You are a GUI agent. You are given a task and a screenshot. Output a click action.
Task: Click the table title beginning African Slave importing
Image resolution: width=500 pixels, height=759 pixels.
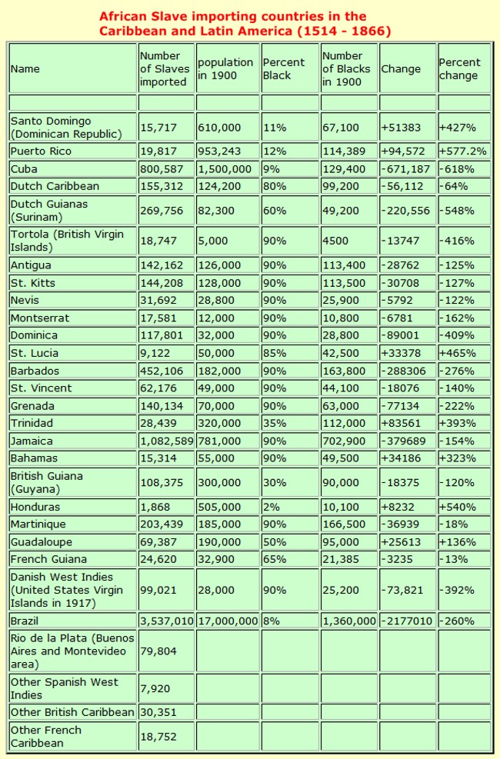[245, 23]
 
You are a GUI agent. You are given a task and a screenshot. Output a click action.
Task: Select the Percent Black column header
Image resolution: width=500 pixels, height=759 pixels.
[283, 68]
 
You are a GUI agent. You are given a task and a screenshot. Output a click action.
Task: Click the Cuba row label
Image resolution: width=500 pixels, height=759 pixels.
[24, 168]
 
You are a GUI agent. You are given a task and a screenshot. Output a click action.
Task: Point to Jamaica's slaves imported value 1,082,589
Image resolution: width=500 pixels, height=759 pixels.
[166, 441]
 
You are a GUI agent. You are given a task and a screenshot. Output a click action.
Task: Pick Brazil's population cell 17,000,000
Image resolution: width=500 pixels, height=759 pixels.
[227, 620]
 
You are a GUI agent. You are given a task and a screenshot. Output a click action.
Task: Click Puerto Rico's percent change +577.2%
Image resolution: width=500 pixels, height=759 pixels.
[463, 151]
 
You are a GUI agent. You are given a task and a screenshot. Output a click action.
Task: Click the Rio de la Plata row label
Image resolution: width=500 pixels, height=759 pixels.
[72, 651]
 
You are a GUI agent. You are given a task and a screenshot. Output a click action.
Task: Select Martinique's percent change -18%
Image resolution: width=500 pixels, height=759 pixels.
[453, 524]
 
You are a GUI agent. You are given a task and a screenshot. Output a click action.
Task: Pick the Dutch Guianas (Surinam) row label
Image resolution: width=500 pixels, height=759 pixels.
[49, 210]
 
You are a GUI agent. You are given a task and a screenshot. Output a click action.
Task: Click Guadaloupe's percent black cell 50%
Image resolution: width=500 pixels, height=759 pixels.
[273, 541]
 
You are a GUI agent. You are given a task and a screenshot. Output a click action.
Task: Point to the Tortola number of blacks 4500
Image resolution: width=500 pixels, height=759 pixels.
[336, 241]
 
